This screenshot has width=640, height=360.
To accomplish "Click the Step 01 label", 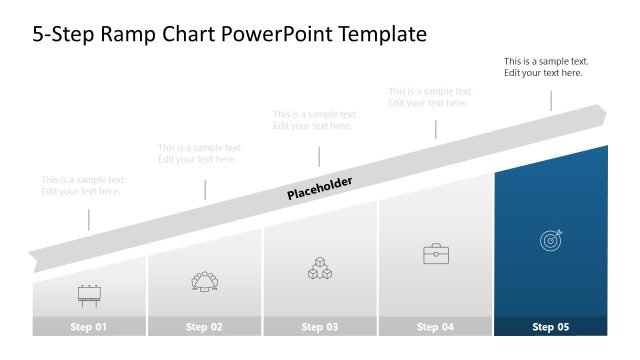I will point(89,327).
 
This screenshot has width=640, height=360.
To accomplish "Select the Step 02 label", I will point(204,327).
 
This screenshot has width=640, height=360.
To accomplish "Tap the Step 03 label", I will point(320,327).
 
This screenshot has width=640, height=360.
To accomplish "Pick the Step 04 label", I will point(435,327).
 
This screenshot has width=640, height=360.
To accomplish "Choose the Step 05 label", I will point(550,327).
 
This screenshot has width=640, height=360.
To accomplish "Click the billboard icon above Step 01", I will point(89,294).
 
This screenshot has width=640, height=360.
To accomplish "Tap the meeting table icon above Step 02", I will point(204,281).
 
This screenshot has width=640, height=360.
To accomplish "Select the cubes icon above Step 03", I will point(320,268).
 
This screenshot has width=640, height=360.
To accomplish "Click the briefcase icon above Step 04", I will point(435,254).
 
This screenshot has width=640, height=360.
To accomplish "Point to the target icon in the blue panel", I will point(551,240).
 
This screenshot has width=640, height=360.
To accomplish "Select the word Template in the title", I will point(384,34).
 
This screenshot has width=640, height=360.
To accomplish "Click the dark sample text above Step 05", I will point(545,67).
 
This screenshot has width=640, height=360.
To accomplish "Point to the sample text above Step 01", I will point(83,185).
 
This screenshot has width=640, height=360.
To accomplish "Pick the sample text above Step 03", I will point(315,120).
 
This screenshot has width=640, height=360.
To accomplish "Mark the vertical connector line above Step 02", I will point(205,189).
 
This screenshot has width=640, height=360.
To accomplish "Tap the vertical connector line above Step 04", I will point(435,129).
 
